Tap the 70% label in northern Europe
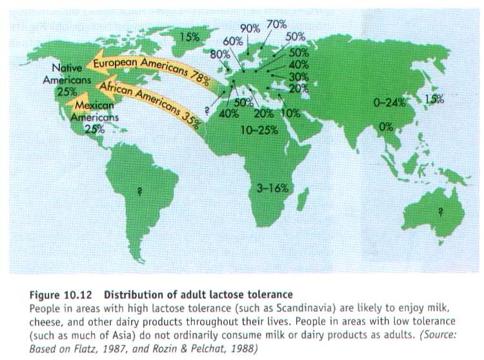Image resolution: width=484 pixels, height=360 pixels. (x=276, y=25)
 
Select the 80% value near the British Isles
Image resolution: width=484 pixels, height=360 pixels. (x=219, y=54)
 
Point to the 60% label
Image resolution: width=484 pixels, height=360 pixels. (x=234, y=41)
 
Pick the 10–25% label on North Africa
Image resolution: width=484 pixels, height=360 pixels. (x=259, y=130)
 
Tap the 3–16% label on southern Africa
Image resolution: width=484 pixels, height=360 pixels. (x=272, y=188)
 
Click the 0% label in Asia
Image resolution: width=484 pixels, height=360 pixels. (x=386, y=127)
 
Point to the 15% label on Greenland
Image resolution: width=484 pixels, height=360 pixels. (x=189, y=37)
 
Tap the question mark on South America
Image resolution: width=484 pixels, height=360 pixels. (x=137, y=190)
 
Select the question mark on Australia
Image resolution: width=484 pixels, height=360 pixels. (x=440, y=210)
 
